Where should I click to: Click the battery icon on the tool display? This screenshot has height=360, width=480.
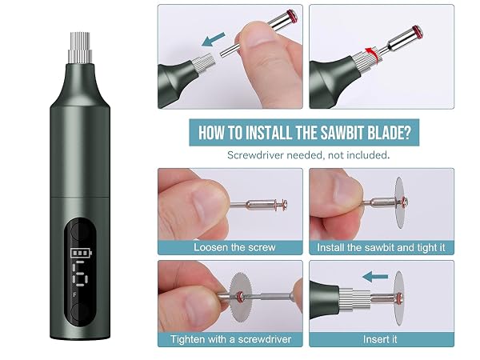(x=81, y=253)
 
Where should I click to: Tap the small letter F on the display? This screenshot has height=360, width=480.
(x=74, y=294)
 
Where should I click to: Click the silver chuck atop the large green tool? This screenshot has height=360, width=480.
(x=80, y=48)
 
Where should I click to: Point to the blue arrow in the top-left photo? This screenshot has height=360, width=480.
(x=214, y=40)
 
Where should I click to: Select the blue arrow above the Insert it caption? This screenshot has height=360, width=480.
(x=375, y=277)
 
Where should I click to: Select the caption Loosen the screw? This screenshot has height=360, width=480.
(x=234, y=247)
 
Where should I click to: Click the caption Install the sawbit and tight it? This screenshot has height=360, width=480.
(x=381, y=247)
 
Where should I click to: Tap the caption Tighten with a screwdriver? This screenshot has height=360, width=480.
(x=231, y=339)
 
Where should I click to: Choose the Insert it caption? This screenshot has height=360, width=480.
(x=380, y=339)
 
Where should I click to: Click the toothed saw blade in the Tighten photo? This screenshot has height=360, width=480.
(x=241, y=297)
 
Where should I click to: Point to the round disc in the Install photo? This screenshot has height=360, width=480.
(x=401, y=202)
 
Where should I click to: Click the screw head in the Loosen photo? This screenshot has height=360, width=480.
(x=284, y=204)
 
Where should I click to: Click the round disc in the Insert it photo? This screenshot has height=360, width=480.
(x=398, y=298)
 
